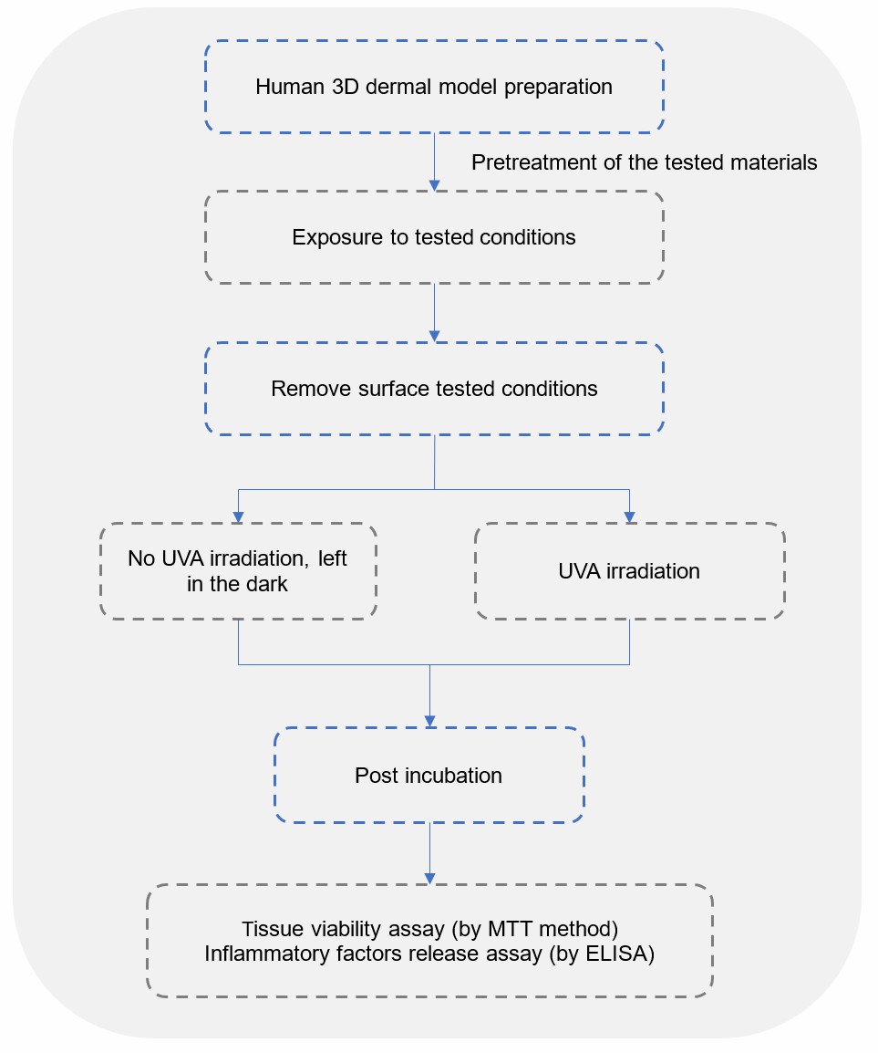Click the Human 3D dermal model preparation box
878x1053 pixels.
click(434, 88)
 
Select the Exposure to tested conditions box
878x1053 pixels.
click(434, 237)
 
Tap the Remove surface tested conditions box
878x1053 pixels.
click(434, 389)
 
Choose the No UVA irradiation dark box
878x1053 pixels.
click(238, 571)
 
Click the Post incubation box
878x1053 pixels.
click(429, 776)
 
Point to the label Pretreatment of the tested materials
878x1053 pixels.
click(644, 162)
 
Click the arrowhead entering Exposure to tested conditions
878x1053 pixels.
click(434, 185)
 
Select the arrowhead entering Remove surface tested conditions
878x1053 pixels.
click(434, 337)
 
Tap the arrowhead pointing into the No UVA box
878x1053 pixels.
click(238, 517)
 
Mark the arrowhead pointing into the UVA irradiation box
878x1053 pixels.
click(629, 517)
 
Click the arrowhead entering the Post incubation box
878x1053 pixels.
click(429, 722)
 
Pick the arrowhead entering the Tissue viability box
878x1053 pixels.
click(429, 878)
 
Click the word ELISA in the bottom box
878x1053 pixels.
click(623, 954)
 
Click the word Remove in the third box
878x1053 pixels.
click(304, 389)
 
